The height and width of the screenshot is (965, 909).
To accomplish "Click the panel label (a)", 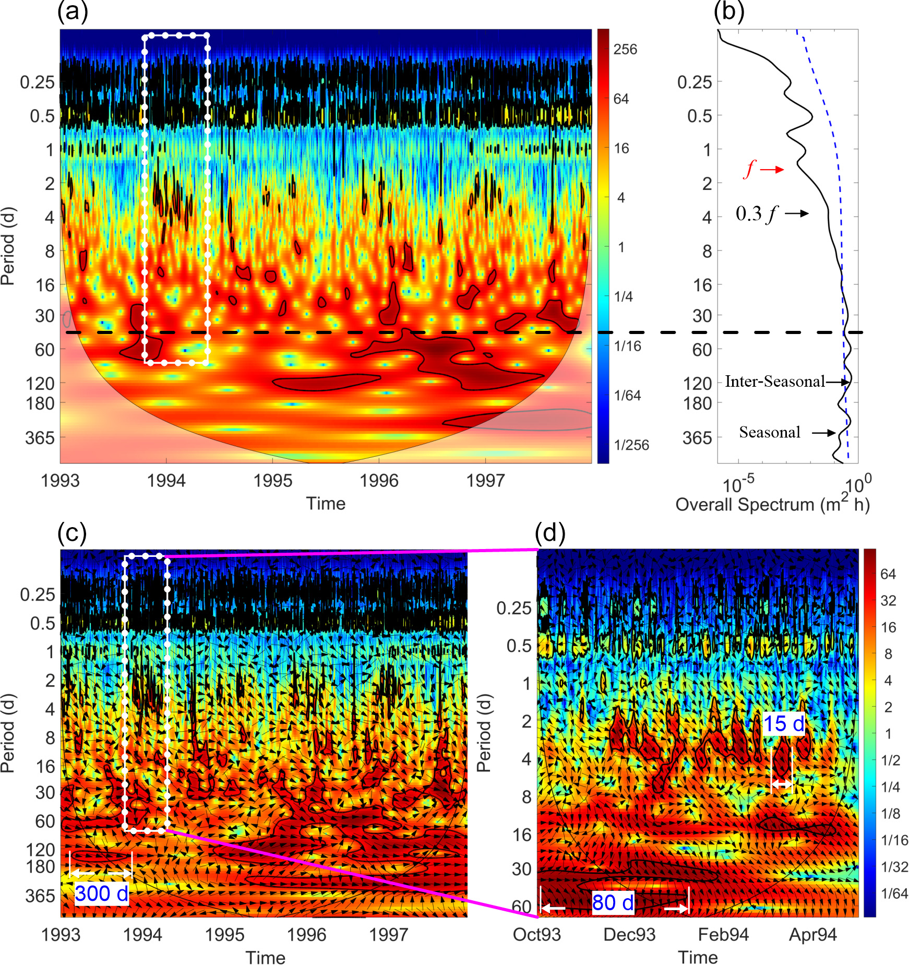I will pos(73,11).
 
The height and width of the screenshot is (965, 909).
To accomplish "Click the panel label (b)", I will pos(729,11).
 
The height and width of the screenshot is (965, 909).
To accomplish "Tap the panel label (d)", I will pos(551,533).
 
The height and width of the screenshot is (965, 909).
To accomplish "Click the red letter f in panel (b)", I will pos(750,169).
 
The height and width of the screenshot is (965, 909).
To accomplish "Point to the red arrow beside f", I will pos(772,169).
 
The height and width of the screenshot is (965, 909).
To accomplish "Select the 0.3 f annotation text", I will pos(757,213).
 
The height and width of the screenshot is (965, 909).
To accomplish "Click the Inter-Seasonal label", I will pos(775,382).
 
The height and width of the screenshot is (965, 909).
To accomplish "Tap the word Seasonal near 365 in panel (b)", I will pos(770,432).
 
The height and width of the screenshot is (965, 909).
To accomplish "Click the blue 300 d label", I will pos(102,893).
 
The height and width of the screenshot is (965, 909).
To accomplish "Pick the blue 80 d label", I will pos(613,902).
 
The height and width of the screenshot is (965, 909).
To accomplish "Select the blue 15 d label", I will pos(784,724).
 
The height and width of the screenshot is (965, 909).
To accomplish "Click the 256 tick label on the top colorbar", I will pos(625,50).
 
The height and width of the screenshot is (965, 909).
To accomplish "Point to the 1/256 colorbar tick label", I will pos(631,445).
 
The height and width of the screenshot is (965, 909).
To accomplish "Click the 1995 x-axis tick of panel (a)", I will pos(273,480).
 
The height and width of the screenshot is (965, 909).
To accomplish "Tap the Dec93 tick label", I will pos(629,935).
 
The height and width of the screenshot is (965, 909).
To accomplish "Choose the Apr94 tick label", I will pos(812,935).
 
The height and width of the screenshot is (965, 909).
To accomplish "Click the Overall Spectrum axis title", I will pos(772,505).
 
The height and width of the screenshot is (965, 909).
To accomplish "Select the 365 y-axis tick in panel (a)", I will pos(40,437).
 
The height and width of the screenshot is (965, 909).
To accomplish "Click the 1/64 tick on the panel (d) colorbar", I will pos(894,893).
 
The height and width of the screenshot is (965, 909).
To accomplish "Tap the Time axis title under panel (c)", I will pos(266,958).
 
